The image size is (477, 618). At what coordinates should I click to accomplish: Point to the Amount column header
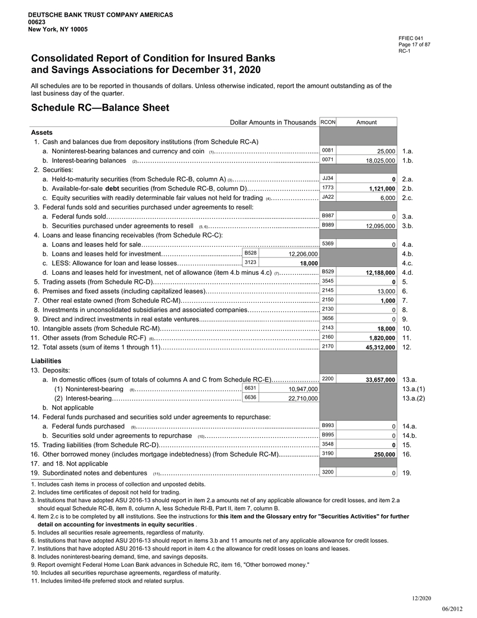click(366, 122)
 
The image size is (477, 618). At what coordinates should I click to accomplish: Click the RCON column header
click(328, 122)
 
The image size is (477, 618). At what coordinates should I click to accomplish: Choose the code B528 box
click(251, 253)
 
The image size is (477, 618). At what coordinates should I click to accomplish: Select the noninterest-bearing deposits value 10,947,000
click(303, 389)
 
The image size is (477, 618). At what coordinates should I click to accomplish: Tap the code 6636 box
click(251, 397)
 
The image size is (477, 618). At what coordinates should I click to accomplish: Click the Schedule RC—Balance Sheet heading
click(100, 107)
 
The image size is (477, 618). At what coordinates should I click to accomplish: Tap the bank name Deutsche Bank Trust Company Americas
click(100, 13)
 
